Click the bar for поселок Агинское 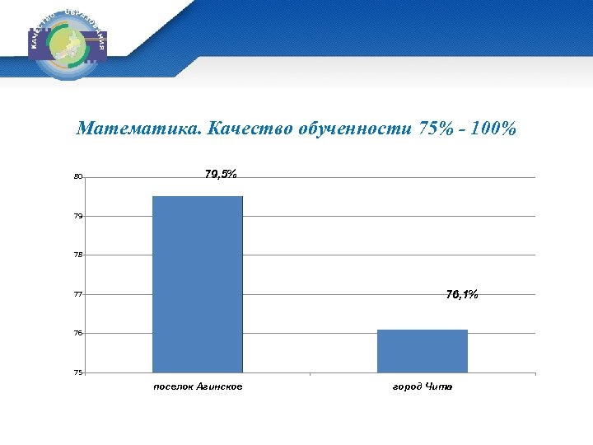pos(198,284)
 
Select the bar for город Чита pos(422,351)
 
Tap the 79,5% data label pos(220,174)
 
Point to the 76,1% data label pos(461,294)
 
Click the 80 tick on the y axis pos(78,176)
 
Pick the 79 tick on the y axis pos(78,216)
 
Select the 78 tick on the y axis pos(78,255)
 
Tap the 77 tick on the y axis pos(78,294)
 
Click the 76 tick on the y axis pos(78,333)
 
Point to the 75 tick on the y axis pos(78,372)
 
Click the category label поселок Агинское pos(198,387)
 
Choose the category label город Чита pos(423,387)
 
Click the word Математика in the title pos(138,129)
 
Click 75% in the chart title pos(431,129)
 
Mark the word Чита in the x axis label pos(439,387)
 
